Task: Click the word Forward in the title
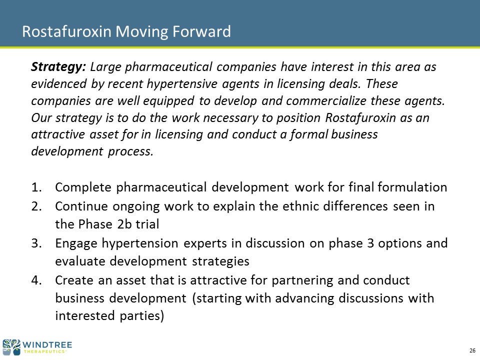click(x=201, y=31)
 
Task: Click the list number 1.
click(x=36, y=187)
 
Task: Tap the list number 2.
click(x=36, y=206)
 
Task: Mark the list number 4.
click(x=36, y=280)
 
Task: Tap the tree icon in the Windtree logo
click(x=11, y=347)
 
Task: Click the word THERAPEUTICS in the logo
click(x=44, y=351)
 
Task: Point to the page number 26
click(x=472, y=351)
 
